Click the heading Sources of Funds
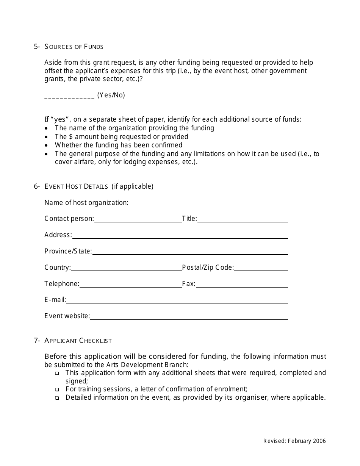(74, 47)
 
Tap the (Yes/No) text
(111, 95)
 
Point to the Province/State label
(68, 251)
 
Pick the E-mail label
(55, 300)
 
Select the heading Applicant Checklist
(78, 341)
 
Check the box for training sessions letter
(57, 389)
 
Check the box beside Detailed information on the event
(57, 398)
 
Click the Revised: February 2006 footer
(294, 441)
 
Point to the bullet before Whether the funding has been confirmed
(46, 145)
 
